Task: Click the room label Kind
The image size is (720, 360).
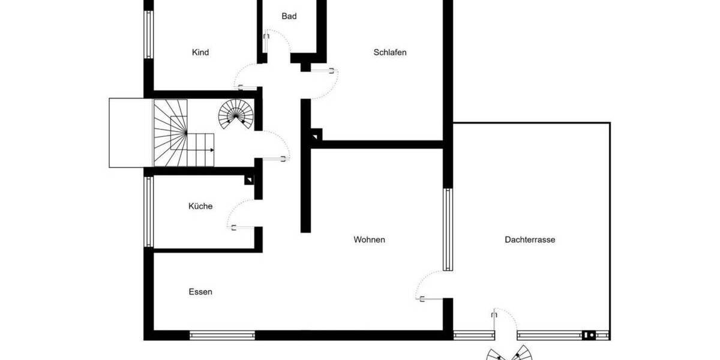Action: pos(200,53)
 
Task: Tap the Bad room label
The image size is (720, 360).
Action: pos(289,16)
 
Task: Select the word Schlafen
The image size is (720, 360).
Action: pos(390,53)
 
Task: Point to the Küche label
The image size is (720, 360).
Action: pos(200,206)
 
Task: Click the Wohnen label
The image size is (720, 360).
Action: pos(369,240)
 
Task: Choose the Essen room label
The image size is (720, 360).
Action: pos(200,292)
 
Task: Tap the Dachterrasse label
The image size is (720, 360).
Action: pos(530,240)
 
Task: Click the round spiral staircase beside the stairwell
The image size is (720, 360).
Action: pos(235,114)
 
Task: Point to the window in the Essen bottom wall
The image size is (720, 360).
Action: pos(222,335)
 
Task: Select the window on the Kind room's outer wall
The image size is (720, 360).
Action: pos(148,34)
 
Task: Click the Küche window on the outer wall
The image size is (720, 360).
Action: pos(148,212)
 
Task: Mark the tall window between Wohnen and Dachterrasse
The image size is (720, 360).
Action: pos(448,229)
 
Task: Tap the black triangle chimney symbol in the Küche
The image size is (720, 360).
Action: pos(249,179)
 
